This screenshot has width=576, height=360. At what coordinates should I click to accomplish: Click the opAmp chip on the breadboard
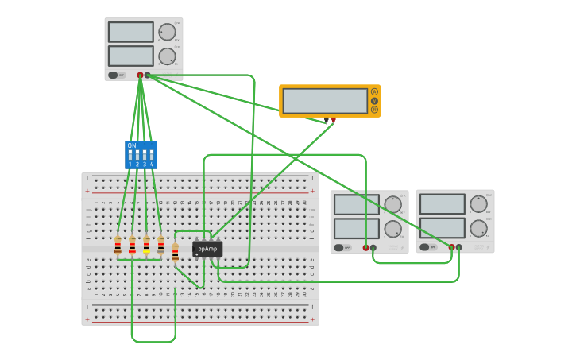pos(207,249)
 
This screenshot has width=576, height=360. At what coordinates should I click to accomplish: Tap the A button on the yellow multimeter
pos(374,92)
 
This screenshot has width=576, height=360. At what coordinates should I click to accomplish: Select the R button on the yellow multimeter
pos(374,110)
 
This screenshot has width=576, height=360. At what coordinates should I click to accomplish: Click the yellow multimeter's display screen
pos(325,101)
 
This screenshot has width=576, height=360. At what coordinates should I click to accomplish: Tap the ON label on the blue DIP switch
pos(132,145)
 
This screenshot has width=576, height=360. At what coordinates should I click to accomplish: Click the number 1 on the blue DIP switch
pos(130,164)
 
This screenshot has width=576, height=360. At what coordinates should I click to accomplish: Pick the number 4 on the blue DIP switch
pos(151,164)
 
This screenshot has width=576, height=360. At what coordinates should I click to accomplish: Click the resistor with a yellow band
pos(146,245)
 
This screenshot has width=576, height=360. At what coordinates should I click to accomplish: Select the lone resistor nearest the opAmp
pos(175,253)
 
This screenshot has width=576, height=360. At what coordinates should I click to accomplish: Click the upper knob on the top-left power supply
pos(166,33)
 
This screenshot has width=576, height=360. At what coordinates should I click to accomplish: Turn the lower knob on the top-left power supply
pos(166,56)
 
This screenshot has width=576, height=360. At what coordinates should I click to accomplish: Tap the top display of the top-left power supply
pos(130,32)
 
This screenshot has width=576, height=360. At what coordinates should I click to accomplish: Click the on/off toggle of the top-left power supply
pos(114,75)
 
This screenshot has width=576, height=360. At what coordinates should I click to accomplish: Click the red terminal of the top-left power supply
pos(141,75)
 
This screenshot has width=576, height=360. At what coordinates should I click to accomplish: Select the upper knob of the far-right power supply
pos(477,204)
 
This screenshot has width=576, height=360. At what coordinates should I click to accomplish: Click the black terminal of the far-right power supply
pos(458,247)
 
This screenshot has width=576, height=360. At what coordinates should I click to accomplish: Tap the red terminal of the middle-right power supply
pos(366,247)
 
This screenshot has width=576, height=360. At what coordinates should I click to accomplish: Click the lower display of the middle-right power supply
pos(356,228)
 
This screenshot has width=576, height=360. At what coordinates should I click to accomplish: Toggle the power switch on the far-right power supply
pos(425,247)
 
